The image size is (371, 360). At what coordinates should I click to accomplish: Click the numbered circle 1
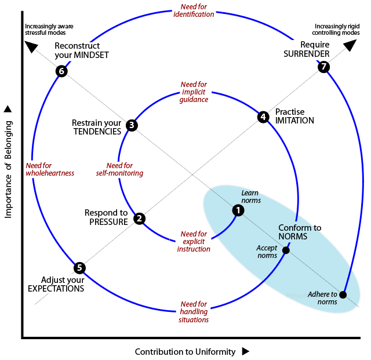(x=238, y=210)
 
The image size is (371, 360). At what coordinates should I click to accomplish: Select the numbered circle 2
(x=139, y=219)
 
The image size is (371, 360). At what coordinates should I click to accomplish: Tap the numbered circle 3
(x=132, y=125)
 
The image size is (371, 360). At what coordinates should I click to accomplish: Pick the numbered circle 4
(x=263, y=117)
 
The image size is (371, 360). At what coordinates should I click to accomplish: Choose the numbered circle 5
(x=80, y=268)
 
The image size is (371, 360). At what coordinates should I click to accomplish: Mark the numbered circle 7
(x=324, y=67)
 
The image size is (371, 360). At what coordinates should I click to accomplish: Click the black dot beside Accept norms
(x=286, y=250)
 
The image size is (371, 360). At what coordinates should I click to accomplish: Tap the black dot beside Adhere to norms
(x=343, y=294)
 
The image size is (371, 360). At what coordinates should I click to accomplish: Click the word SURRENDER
(x=306, y=54)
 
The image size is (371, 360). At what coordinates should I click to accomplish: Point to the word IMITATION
(x=294, y=121)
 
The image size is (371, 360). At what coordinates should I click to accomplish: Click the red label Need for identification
(x=194, y=10)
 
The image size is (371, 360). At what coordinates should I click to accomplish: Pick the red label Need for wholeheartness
(x=50, y=169)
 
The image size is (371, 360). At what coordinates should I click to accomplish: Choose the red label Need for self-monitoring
(x=120, y=169)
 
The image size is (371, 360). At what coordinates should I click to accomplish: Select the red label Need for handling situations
(x=194, y=312)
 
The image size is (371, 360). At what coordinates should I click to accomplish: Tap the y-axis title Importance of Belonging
(x=8, y=168)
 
